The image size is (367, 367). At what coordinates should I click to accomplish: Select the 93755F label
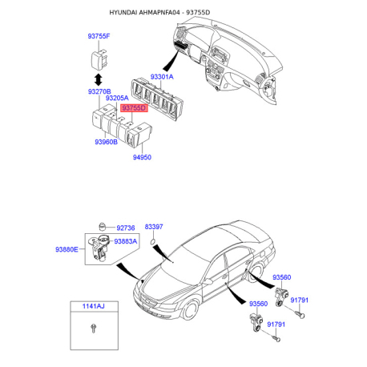click(99, 36)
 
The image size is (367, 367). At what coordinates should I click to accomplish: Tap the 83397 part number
click(154, 228)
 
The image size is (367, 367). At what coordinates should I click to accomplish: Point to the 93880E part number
click(67, 249)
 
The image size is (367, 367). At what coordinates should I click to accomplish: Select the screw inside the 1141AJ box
click(95, 328)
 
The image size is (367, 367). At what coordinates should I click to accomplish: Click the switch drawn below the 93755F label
click(99, 57)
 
